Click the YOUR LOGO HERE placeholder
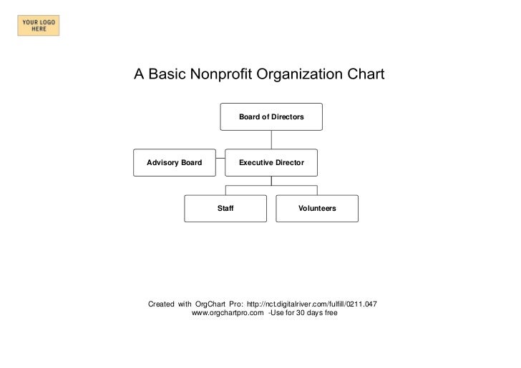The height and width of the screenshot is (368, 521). [40, 26]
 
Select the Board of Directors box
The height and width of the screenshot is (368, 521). [271, 116]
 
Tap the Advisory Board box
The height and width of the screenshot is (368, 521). [175, 163]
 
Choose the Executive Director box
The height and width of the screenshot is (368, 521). [271, 163]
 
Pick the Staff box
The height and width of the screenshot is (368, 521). [225, 208]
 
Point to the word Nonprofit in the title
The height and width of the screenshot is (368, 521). [228, 74]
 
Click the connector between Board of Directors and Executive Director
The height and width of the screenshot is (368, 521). [271, 139]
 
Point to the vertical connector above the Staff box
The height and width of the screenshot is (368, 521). [225, 189]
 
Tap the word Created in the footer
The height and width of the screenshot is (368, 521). [160, 304]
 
